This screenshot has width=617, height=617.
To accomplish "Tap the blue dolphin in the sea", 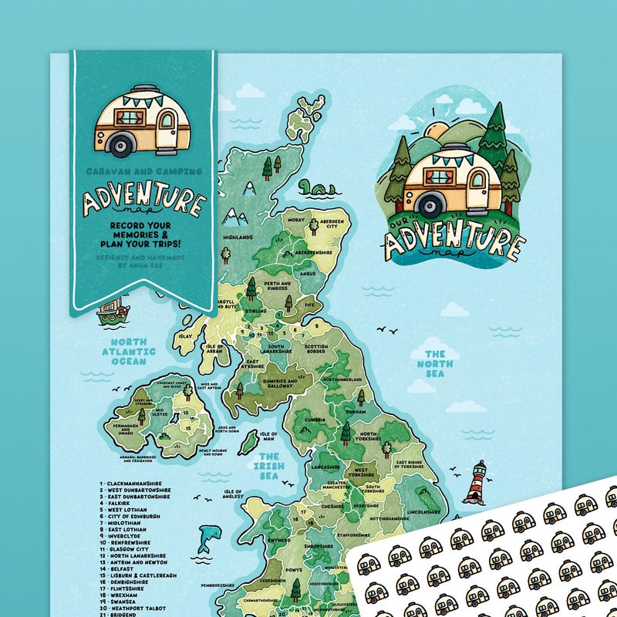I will tap(207, 538).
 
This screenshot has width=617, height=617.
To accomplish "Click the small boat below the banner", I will tap(112, 309).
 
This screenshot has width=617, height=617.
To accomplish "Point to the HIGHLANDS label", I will tap(238, 238).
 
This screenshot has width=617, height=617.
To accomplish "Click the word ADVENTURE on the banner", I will tap(144, 201).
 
